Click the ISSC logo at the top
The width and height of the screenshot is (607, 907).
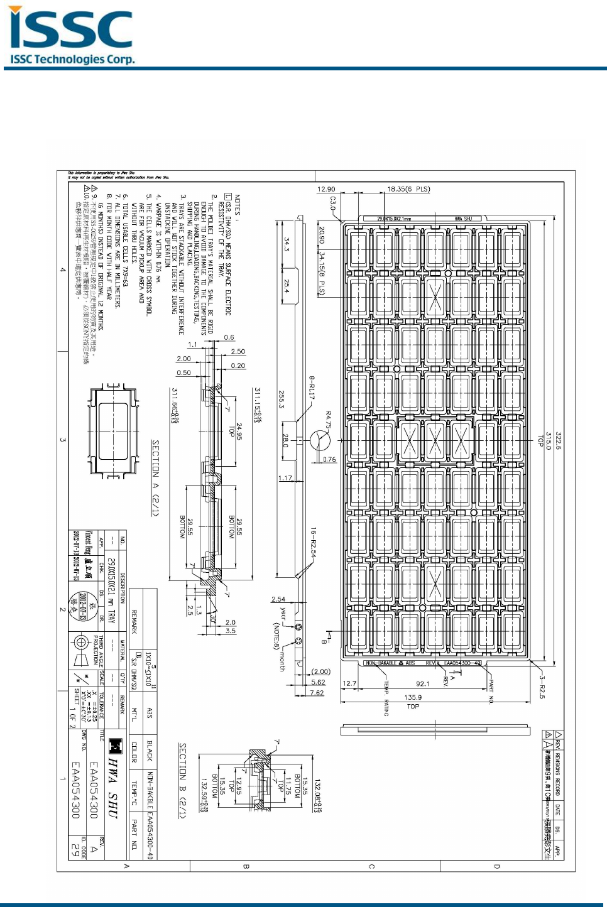coord(71,36)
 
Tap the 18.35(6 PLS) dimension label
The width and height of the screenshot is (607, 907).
coord(408,189)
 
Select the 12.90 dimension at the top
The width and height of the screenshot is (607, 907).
coord(326,189)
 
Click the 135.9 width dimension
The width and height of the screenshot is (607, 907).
coord(413,697)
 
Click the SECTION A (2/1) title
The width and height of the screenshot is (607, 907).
coord(155,478)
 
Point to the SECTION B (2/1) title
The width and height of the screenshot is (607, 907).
coord(182,781)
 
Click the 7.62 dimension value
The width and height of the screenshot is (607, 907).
coord(317,693)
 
